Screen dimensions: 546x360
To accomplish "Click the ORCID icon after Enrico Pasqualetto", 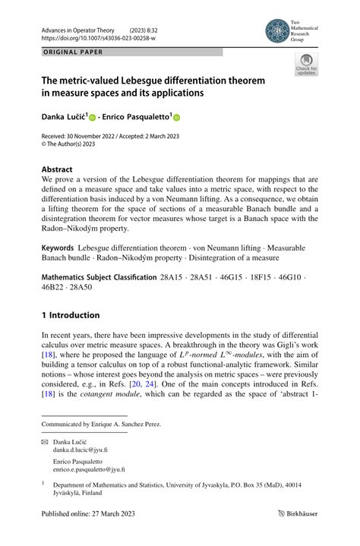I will coord(178,118).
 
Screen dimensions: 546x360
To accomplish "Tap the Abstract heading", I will coord(57,169).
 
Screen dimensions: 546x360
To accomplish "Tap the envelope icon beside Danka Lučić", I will coord(45,440).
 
